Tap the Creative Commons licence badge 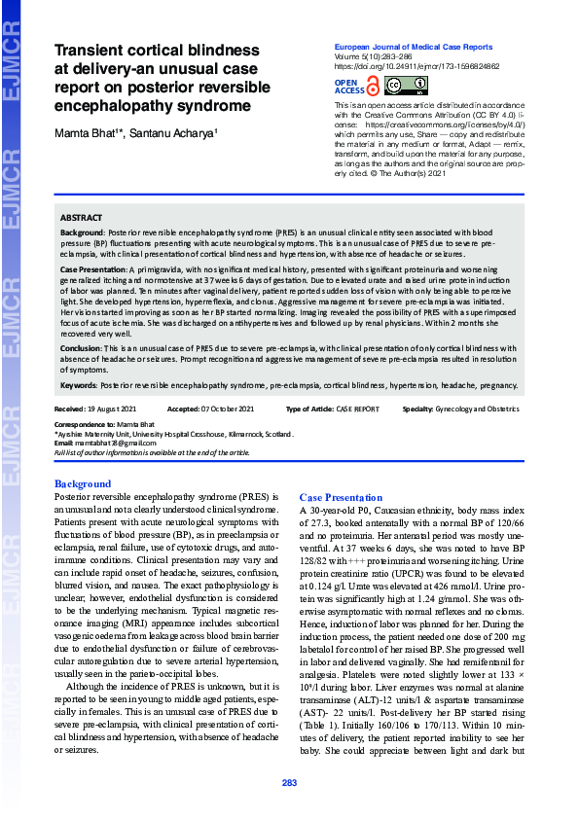click(x=400, y=87)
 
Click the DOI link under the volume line click(x=404, y=66)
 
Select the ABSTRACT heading click(x=81, y=218)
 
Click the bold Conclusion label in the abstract click(x=81, y=347)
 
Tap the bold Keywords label click(x=80, y=385)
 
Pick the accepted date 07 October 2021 click(x=227, y=409)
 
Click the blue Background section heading click(x=83, y=483)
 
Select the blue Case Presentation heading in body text click(x=334, y=497)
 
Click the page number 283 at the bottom click(x=289, y=783)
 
